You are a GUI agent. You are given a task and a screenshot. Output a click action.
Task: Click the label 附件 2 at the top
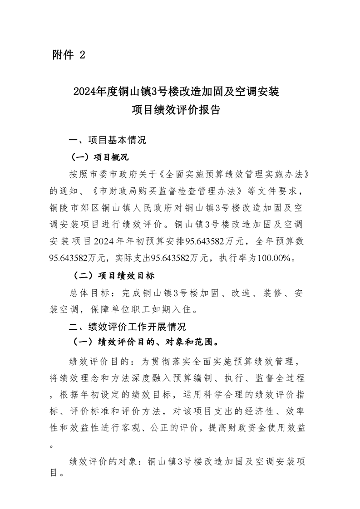[69, 55]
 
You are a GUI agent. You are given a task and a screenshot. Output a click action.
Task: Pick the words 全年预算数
[281, 240]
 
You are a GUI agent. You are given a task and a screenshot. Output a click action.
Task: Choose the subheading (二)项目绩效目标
[113, 275]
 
